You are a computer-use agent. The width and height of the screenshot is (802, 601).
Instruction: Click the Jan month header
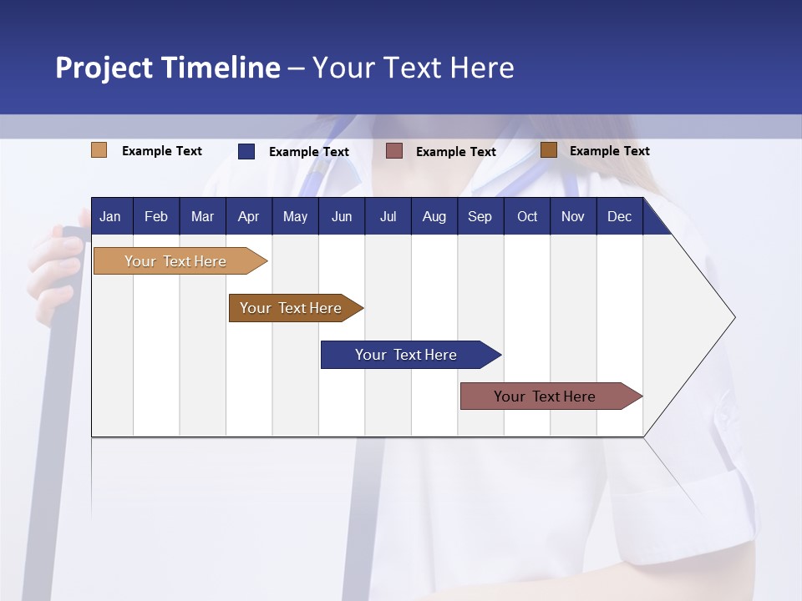(x=110, y=216)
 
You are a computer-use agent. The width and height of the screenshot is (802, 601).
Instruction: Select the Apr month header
(x=248, y=216)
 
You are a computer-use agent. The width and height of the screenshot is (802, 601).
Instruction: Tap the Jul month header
(x=388, y=216)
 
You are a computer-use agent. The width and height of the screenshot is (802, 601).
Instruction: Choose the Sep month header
(x=480, y=216)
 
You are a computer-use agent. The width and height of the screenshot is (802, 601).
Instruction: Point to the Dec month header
(x=619, y=216)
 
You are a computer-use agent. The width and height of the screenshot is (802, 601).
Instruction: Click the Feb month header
(x=156, y=216)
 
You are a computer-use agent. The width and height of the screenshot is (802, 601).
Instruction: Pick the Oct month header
(x=527, y=216)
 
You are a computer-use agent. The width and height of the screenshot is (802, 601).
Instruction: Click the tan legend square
(x=99, y=150)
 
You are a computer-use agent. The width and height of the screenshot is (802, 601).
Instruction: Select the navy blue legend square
(x=246, y=151)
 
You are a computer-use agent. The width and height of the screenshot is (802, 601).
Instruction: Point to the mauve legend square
(x=394, y=151)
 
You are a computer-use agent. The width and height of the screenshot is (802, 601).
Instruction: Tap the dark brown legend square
(x=549, y=150)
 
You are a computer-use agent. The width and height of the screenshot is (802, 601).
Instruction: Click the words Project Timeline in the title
(x=168, y=68)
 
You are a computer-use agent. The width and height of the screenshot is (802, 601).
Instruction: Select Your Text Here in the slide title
(x=413, y=68)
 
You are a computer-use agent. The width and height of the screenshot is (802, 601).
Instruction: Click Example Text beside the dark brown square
(x=609, y=151)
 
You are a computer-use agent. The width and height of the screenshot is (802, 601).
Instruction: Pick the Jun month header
(x=342, y=216)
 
